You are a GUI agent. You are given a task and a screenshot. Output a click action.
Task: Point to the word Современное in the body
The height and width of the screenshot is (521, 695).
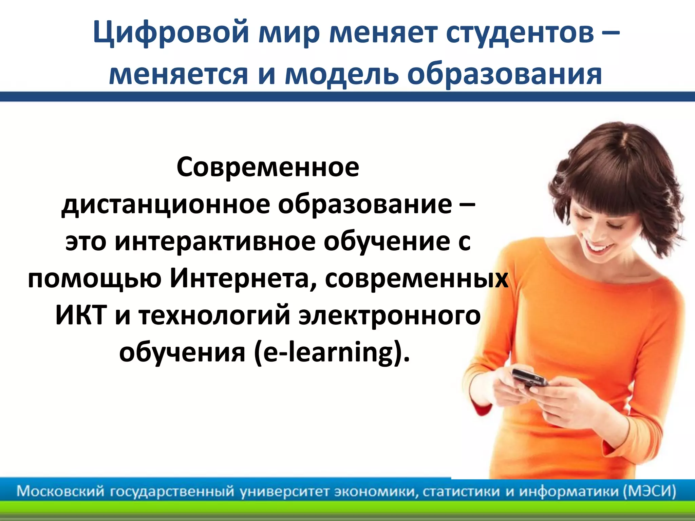[x=268, y=167]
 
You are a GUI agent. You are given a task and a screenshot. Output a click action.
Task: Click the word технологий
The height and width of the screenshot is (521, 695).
[x=214, y=315]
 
